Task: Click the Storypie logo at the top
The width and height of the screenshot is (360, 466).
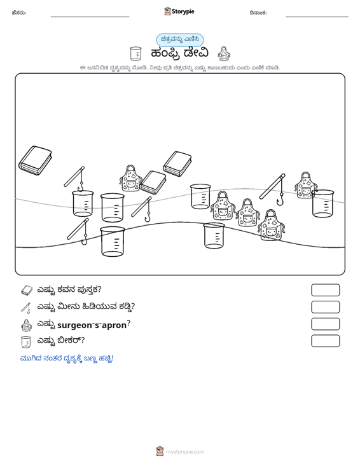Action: [x=179, y=11]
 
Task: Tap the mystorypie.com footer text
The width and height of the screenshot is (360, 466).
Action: [x=184, y=452]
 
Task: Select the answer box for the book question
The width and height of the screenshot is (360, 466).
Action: [x=325, y=290]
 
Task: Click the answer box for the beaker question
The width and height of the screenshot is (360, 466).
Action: [x=325, y=341]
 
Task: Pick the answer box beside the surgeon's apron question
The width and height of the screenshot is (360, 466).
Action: [x=325, y=324]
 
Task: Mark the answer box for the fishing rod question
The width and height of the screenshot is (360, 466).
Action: [x=325, y=307]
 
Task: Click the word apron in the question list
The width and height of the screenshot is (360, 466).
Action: [x=114, y=326]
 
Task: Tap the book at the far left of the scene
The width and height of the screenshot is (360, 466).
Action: [x=35, y=160]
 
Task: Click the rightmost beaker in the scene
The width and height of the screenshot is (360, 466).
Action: [x=323, y=203]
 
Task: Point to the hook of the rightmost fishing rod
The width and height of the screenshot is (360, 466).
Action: [x=280, y=200]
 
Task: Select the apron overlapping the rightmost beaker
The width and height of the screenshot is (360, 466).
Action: [x=305, y=185]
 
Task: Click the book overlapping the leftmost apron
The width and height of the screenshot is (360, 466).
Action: [x=153, y=182]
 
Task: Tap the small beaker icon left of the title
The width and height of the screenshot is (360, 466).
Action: [x=135, y=53]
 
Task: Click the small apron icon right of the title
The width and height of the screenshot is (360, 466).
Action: [x=224, y=53]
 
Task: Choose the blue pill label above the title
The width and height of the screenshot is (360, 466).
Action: [x=180, y=39]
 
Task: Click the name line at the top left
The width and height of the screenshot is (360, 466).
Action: [x=90, y=17]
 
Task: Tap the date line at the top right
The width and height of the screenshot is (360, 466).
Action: [x=317, y=17]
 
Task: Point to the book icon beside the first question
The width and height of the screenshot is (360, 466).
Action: [x=27, y=290]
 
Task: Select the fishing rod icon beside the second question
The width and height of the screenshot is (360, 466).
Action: [x=26, y=308]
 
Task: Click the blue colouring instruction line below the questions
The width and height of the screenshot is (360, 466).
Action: [x=67, y=359]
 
